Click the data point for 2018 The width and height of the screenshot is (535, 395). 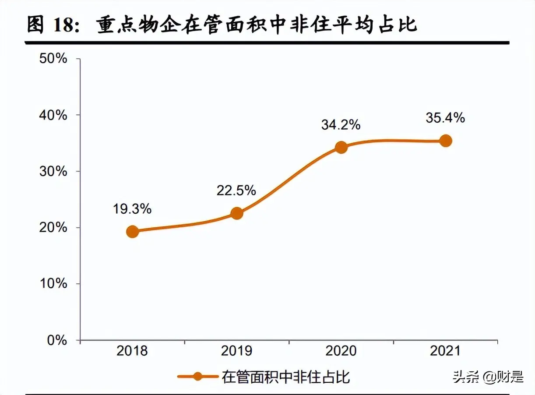(133, 232)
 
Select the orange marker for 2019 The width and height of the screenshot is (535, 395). (236, 213)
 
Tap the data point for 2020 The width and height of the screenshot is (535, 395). (341, 147)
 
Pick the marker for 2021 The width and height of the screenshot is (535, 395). (445, 141)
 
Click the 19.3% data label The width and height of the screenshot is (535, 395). (133, 209)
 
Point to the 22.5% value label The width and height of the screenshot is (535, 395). (236, 190)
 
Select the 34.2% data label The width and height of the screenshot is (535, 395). (341, 125)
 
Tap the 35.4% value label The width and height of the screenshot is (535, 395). (445, 118)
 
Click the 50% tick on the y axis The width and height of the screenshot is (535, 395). (53, 59)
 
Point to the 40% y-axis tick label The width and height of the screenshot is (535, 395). (53, 115)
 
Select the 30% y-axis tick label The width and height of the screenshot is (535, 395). (53, 171)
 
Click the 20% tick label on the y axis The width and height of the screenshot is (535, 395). (53, 228)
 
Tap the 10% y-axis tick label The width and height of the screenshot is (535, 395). (53, 284)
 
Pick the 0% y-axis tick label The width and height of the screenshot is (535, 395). (56, 340)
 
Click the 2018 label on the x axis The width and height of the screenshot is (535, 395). (133, 351)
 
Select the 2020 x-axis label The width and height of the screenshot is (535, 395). (341, 351)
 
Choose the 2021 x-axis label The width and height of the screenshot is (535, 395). (445, 351)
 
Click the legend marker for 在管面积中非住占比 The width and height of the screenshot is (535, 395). (197, 377)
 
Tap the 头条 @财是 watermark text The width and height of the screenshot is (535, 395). (488, 377)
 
